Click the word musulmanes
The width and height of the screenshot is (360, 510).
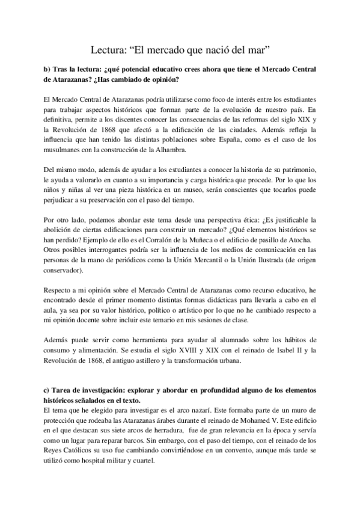coord(63,150)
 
